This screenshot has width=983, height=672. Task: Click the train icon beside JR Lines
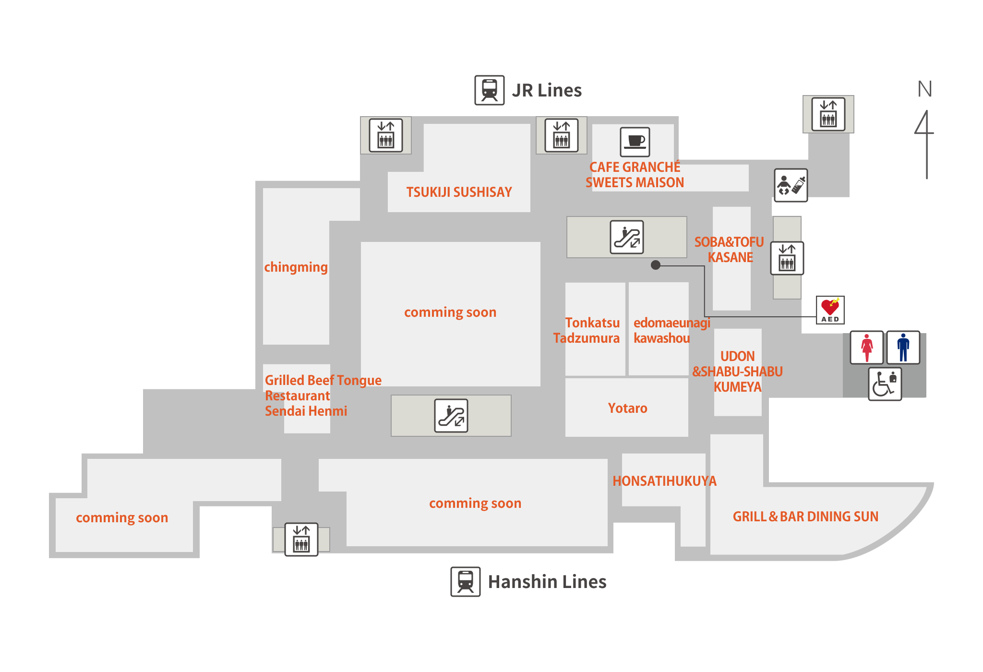[489, 90]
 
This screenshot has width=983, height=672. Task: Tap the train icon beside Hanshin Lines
[465, 581]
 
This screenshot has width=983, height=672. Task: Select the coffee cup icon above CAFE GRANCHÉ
[635, 142]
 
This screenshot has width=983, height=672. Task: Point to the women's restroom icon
[866, 347]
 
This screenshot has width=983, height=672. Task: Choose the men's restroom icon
[903, 347]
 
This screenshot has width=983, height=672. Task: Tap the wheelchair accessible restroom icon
[885, 384]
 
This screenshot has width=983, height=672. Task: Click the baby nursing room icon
[791, 185]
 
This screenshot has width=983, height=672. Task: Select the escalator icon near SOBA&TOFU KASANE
[626, 237]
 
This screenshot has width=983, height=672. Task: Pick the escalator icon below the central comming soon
[451, 415]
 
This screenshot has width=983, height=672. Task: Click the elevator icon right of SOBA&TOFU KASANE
[787, 258]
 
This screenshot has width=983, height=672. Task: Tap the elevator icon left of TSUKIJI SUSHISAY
[385, 135]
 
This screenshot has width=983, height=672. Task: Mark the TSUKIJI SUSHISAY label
[459, 192]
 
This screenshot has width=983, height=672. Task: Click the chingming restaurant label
[296, 267]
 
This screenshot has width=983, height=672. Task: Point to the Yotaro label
[627, 408]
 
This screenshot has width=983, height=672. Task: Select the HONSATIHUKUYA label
[664, 481]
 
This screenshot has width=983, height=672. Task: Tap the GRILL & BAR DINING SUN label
[805, 516]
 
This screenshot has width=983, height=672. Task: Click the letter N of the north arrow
[925, 89]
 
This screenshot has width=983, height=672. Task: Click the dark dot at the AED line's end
[656, 265]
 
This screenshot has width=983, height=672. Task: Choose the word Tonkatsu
[592, 323]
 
